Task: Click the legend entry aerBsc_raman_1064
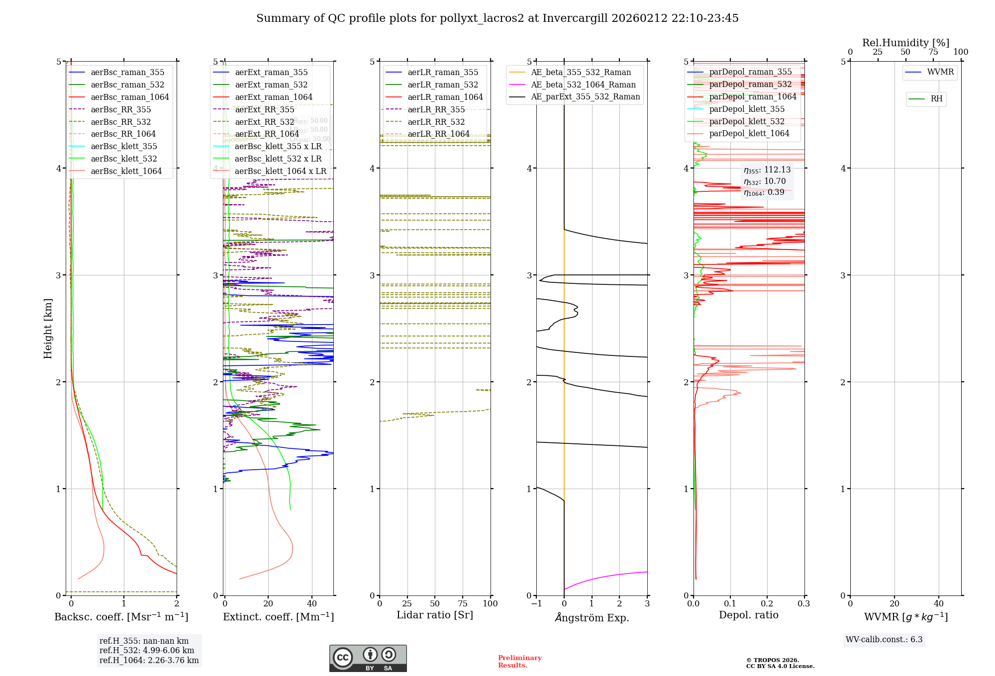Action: click(x=129, y=97)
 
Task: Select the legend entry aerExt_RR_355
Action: click(x=265, y=110)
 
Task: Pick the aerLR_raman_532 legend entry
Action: click(x=443, y=85)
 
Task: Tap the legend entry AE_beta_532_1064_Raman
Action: click(x=583, y=85)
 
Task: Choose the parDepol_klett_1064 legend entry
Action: click(x=749, y=134)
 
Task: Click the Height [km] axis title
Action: click(x=48, y=328)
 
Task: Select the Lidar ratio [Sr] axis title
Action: click(x=434, y=615)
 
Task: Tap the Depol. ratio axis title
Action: click(x=748, y=615)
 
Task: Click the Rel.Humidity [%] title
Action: click(x=905, y=43)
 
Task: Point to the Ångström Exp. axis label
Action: click(x=592, y=617)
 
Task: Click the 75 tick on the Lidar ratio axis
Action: click(x=463, y=604)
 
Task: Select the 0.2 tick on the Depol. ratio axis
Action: click(x=767, y=604)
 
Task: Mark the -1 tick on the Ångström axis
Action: click(x=536, y=604)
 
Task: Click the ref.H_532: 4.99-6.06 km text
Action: click(x=147, y=651)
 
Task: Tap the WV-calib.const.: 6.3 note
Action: click(x=884, y=640)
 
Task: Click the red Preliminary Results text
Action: click(x=519, y=662)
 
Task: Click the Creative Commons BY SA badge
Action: click(x=368, y=659)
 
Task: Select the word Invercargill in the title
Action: click(x=575, y=18)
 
